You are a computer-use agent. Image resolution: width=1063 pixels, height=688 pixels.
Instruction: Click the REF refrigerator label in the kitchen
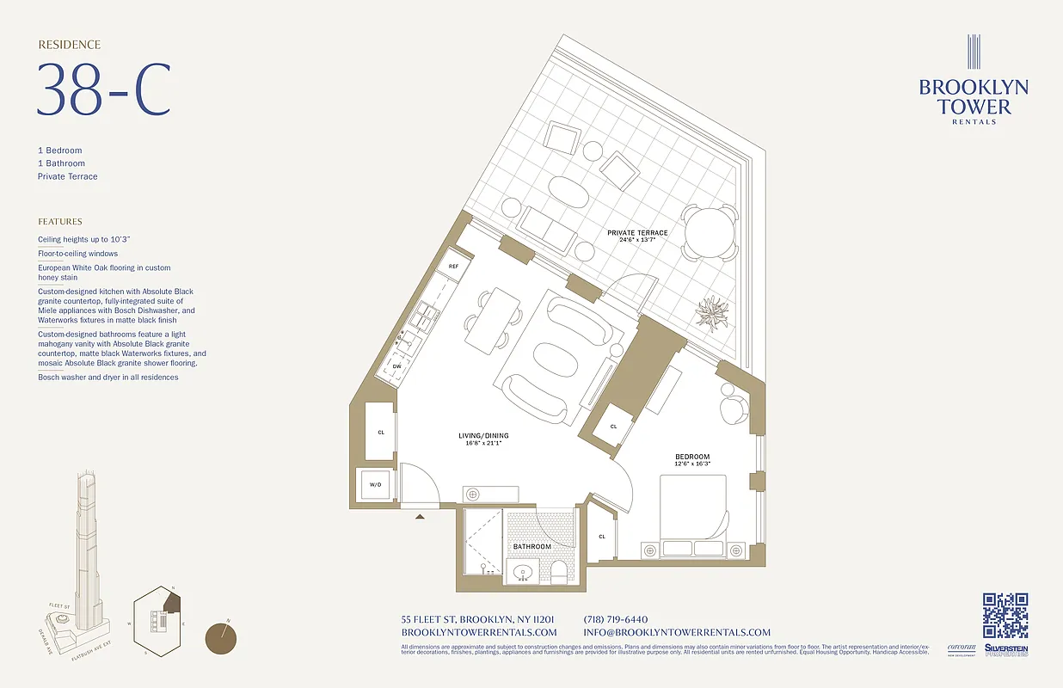click(453, 267)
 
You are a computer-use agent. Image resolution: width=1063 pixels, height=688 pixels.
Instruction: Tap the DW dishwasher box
click(397, 366)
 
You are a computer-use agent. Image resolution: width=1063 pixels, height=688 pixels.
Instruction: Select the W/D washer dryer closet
click(376, 485)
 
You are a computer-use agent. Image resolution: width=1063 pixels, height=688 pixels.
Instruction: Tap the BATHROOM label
click(531, 547)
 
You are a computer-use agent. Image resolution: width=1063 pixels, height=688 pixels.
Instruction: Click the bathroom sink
click(522, 572)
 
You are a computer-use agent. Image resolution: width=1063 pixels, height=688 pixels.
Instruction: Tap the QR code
click(1005, 616)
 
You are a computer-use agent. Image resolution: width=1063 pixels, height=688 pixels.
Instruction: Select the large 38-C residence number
click(103, 90)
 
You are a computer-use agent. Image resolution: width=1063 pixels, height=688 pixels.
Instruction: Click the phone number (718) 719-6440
click(615, 619)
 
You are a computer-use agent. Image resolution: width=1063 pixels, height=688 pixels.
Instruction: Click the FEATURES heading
click(60, 221)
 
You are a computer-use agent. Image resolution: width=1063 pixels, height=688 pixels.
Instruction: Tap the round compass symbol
click(222, 638)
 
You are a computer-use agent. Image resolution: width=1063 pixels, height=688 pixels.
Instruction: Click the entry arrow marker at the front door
click(420, 517)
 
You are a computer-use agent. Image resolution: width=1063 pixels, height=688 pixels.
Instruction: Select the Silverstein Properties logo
click(1005, 650)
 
